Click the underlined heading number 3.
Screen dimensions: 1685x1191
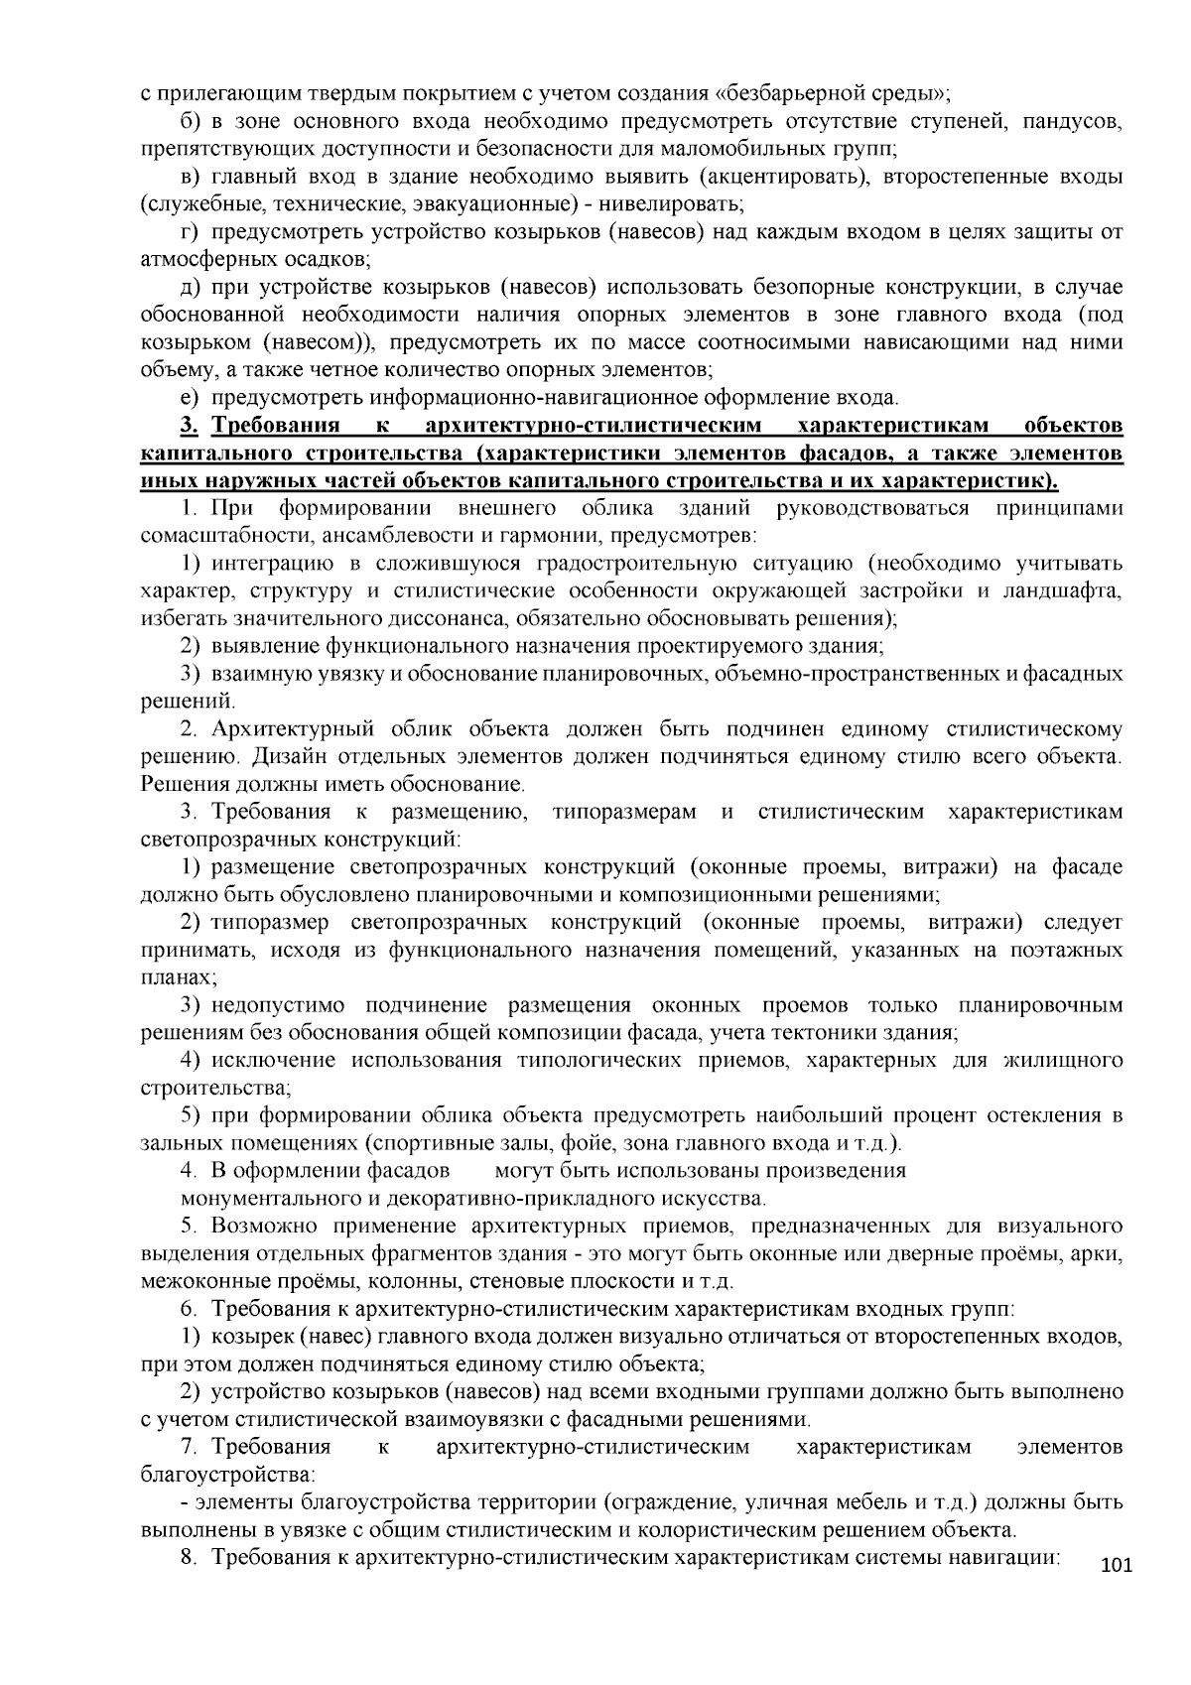pos(190,427)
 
